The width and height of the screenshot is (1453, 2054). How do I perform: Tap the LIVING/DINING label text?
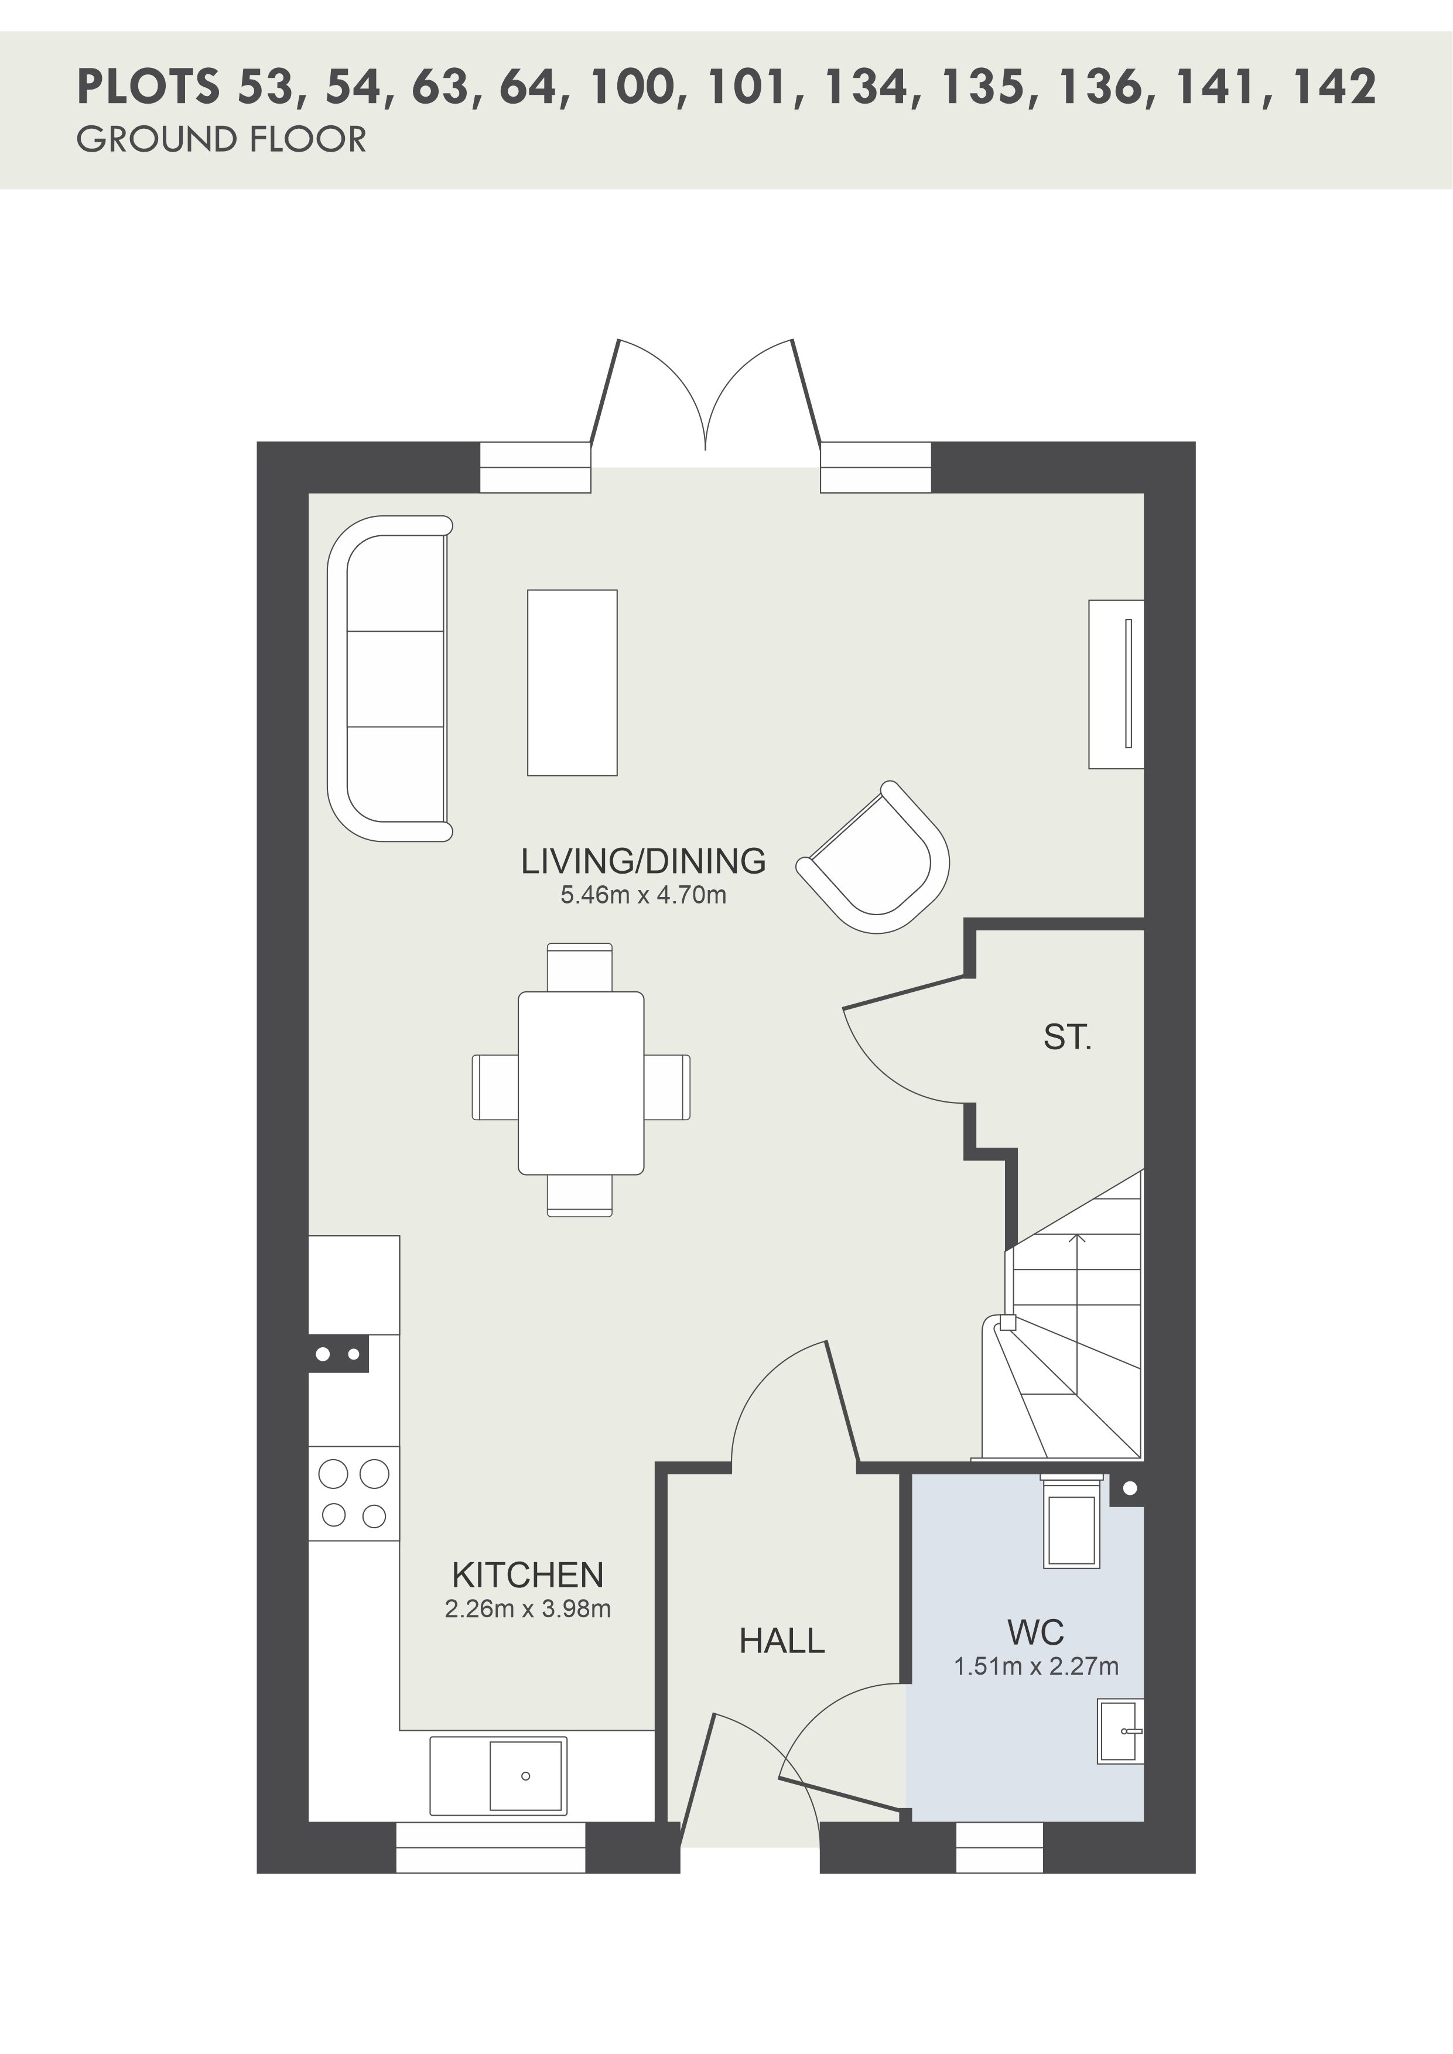[643, 861]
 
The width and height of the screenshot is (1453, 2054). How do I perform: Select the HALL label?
[781, 1641]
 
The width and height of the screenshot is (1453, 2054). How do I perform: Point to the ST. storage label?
[1068, 1037]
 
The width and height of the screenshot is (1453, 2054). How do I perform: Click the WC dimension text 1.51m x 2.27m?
[1036, 1666]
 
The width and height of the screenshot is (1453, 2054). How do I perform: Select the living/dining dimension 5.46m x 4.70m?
[643, 895]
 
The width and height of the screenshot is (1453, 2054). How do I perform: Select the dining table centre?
[580, 1083]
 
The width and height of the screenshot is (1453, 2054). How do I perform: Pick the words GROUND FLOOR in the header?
[222, 139]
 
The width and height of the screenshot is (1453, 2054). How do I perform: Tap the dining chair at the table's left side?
[495, 1087]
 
